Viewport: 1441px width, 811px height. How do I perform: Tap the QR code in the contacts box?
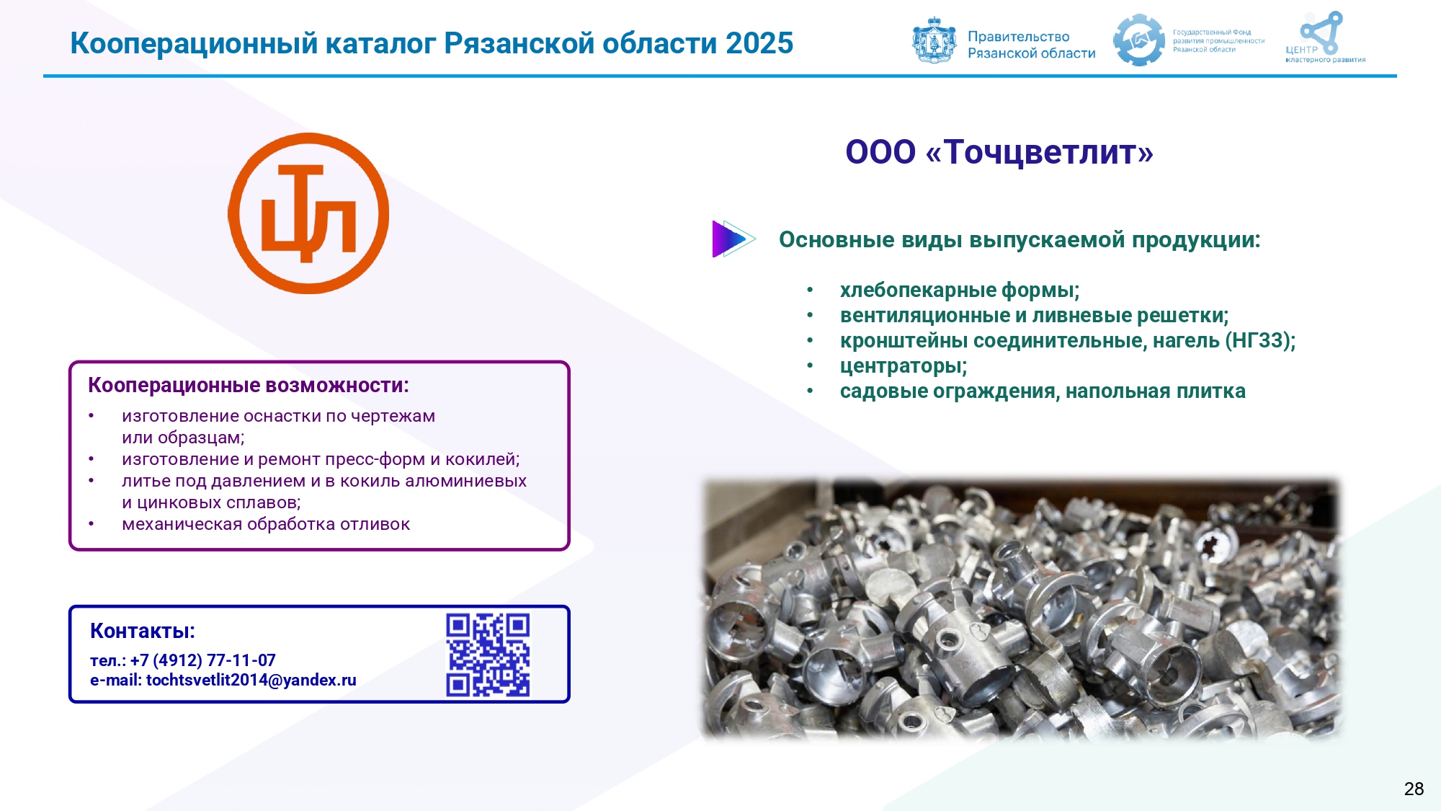(488, 655)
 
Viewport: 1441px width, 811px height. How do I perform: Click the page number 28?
(1414, 789)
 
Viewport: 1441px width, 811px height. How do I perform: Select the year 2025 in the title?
(759, 43)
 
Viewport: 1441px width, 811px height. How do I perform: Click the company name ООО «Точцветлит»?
(999, 152)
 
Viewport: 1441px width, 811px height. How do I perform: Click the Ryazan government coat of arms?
(934, 40)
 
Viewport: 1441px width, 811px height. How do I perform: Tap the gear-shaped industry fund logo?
(1139, 40)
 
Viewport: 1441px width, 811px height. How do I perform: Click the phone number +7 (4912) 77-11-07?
(203, 660)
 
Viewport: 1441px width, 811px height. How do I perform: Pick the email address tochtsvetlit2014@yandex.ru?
(251, 680)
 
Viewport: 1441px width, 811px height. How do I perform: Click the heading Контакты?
(143, 631)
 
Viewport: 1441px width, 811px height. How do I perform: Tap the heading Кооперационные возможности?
(249, 386)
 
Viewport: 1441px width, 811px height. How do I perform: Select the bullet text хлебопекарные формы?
(958, 291)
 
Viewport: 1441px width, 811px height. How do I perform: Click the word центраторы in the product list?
(901, 366)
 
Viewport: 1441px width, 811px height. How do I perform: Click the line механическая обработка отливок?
(266, 524)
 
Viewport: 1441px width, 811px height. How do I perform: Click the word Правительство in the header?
(1018, 37)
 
